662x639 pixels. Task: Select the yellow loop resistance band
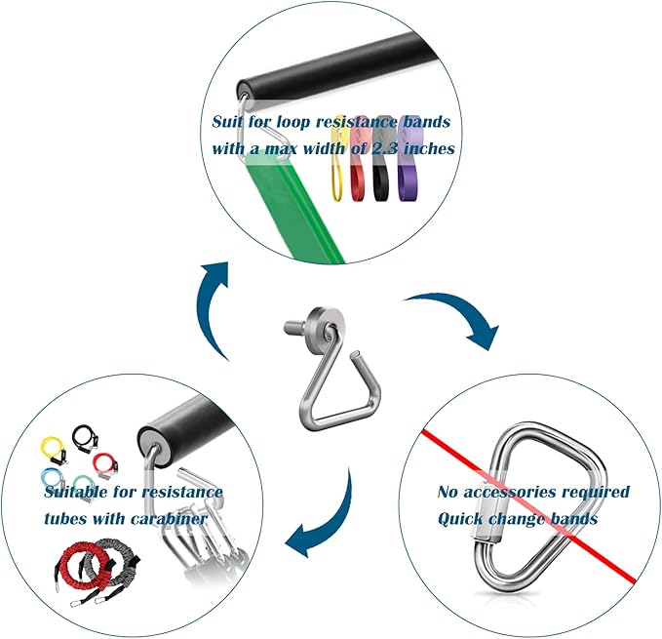point(337,176)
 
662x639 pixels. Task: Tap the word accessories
point(521,492)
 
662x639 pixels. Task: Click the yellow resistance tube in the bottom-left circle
point(55,451)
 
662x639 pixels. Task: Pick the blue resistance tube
point(54,479)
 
